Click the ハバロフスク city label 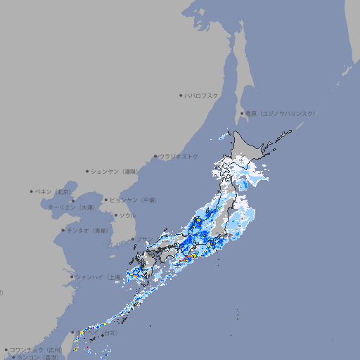point(202,95)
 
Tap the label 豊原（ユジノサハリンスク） point(280,113)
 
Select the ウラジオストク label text point(179,156)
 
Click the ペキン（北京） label point(53,191)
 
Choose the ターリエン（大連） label point(71,207)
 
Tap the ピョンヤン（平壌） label point(134,200)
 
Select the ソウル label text point(127,215)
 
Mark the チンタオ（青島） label point(88,230)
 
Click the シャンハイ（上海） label point(98,277)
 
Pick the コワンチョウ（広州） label point(36,349)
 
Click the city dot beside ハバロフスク point(181,95)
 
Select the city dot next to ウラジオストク point(155,156)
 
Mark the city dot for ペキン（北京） point(32,191)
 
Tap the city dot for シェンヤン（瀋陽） point(87,171)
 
